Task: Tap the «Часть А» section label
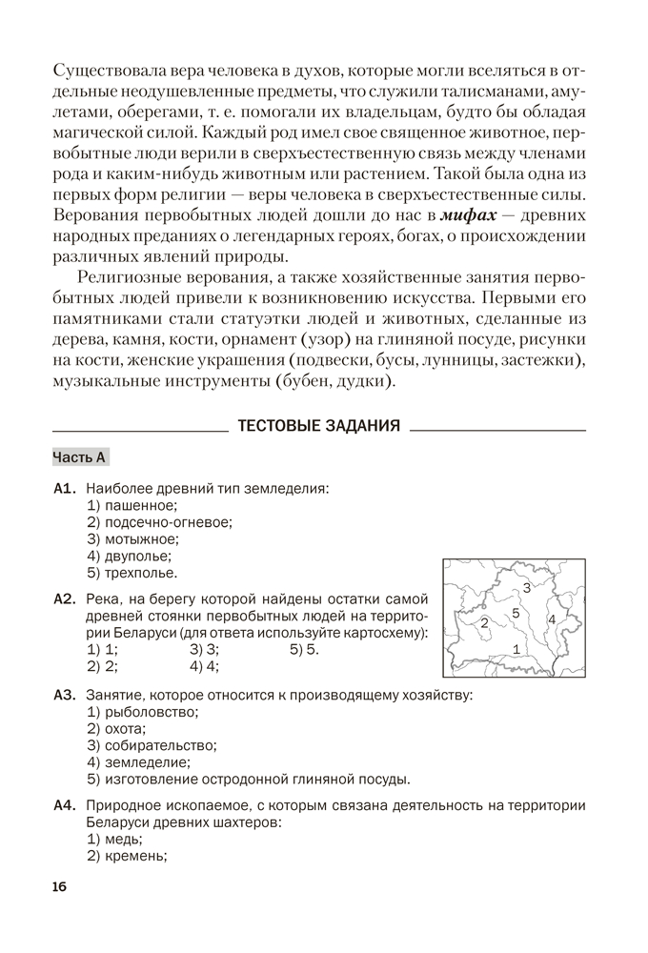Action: click(79, 457)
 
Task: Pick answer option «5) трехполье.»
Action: click(132, 573)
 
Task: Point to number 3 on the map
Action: click(526, 588)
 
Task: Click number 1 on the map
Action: click(516, 649)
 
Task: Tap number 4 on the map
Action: click(552, 620)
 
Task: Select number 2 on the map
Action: click(485, 622)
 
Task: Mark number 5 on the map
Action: click(516, 613)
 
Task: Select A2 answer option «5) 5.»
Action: click(305, 650)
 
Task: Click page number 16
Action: click(60, 888)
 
